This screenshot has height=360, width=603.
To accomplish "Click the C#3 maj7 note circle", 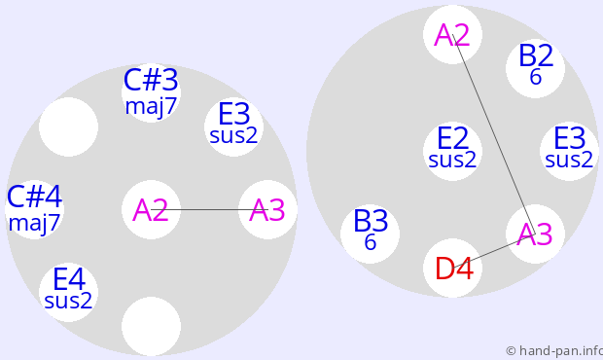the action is pos(151,92).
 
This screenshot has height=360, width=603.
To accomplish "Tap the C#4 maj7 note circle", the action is pos(34,209).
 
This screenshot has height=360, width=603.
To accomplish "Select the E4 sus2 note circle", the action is pos(68,292).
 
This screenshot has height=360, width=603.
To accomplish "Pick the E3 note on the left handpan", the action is pos(233,126).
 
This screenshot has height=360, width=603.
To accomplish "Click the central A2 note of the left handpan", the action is pos(151,209).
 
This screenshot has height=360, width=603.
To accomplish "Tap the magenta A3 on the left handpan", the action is pos(267,209).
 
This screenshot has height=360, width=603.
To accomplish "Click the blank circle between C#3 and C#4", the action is pos(68,126).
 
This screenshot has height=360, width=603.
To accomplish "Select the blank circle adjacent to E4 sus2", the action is pos(151,326).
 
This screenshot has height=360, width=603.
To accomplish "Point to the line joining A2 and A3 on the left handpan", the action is pos(209,209).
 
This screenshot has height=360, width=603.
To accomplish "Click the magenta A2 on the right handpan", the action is pos(452,35).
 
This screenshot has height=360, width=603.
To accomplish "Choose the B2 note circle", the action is pos(535,68).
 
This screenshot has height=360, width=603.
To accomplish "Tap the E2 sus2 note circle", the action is pos(452,151).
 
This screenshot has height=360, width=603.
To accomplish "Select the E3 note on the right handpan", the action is pos(569,151).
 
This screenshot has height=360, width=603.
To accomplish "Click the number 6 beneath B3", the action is pos(370,242).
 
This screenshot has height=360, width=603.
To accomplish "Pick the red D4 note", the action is pos(452,269).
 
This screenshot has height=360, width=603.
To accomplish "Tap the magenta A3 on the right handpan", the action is pos(535,234).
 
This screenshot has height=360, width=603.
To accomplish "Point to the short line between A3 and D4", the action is pos(494,251).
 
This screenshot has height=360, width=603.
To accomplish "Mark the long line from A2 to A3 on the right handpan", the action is pos(494,134).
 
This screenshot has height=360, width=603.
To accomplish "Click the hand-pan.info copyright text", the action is pos(554,351).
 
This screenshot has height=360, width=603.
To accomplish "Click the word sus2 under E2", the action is pos(452,160).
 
